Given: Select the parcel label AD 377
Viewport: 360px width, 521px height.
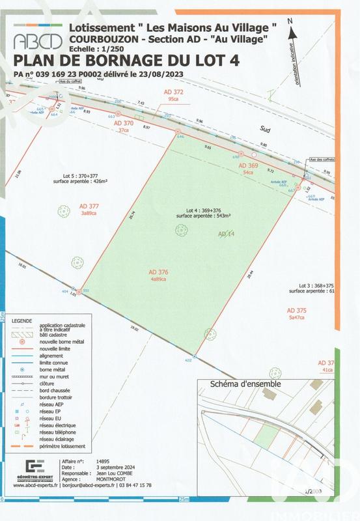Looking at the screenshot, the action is (88, 206).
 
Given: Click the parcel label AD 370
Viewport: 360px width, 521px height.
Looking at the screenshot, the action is (123, 123).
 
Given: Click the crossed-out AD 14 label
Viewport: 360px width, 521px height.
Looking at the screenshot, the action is (225, 233).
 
